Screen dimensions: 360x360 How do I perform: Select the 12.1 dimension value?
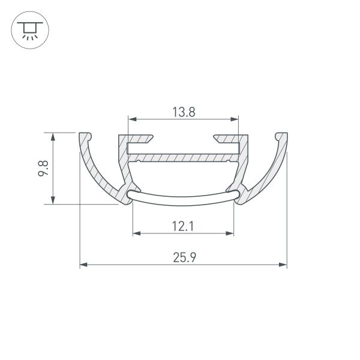tap(182, 226)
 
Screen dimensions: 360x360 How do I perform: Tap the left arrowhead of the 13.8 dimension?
tap(130, 118)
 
